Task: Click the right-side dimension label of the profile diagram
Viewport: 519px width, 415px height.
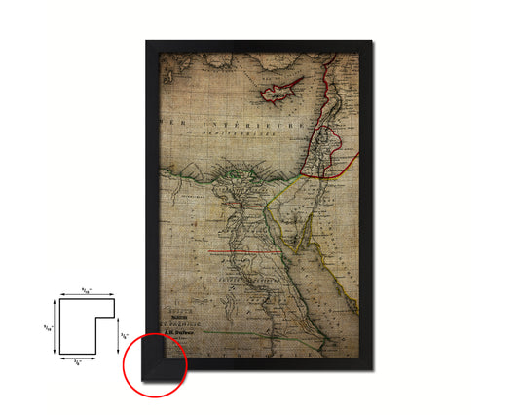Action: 123,336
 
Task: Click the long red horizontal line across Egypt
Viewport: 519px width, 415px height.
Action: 239,253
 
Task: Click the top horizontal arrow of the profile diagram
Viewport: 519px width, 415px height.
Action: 85,295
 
